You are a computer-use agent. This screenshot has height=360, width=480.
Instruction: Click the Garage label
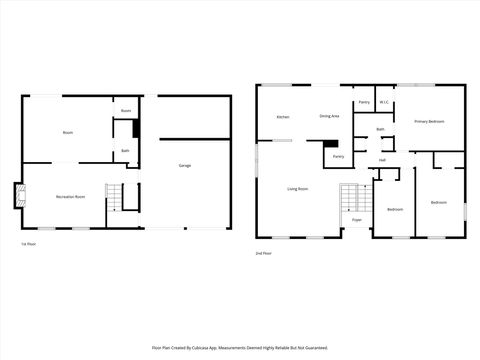[x=185, y=165]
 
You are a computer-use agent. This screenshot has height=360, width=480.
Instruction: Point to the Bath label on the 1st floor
[x=125, y=151]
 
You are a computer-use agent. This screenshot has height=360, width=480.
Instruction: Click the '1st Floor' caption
[x=29, y=244]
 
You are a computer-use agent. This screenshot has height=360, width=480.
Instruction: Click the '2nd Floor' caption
[x=262, y=254]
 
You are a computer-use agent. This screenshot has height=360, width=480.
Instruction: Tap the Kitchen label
[x=283, y=118]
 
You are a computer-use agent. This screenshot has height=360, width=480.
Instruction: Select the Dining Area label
[x=329, y=117]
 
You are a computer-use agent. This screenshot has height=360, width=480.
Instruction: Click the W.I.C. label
[x=383, y=100]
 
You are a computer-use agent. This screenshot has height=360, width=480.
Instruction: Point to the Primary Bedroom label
[x=429, y=121]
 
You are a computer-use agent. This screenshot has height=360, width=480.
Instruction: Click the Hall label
[x=382, y=160]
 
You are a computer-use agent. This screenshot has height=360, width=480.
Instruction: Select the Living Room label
[x=297, y=189]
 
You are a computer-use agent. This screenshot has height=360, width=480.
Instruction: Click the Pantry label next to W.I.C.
[x=364, y=102]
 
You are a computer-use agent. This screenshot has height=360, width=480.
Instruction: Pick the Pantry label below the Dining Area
[x=338, y=156]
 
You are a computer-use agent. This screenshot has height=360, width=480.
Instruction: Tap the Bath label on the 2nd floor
[x=380, y=129]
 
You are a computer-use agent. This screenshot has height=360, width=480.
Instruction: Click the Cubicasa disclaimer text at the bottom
[x=240, y=348]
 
